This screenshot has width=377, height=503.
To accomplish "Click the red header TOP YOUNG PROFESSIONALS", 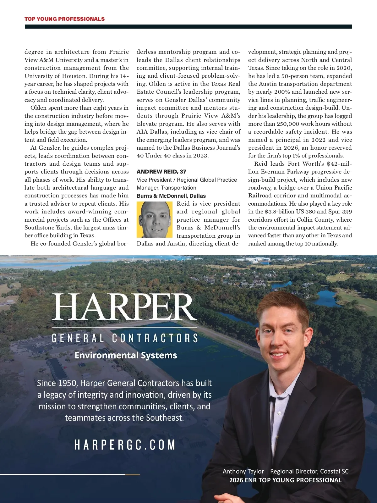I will tap(64, 19).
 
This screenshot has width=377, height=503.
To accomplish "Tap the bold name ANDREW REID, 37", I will tap(161, 172).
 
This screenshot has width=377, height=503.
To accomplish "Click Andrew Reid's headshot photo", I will tap(155, 219).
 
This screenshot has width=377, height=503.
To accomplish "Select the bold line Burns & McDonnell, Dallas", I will tap(171, 196).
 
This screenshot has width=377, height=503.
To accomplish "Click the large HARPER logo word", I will tap(124, 307).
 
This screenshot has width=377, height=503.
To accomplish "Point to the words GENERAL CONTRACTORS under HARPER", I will tap(125, 338).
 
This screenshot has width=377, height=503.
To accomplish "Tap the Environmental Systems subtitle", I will tap(126, 355).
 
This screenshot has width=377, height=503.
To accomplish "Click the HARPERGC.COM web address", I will tap(125, 445).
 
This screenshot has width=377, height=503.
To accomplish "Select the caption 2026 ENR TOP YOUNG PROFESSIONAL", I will tap(285, 480).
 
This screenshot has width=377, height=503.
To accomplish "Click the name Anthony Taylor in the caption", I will tap(243, 471).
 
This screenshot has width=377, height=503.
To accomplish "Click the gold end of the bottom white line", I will tap(132, 474).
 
